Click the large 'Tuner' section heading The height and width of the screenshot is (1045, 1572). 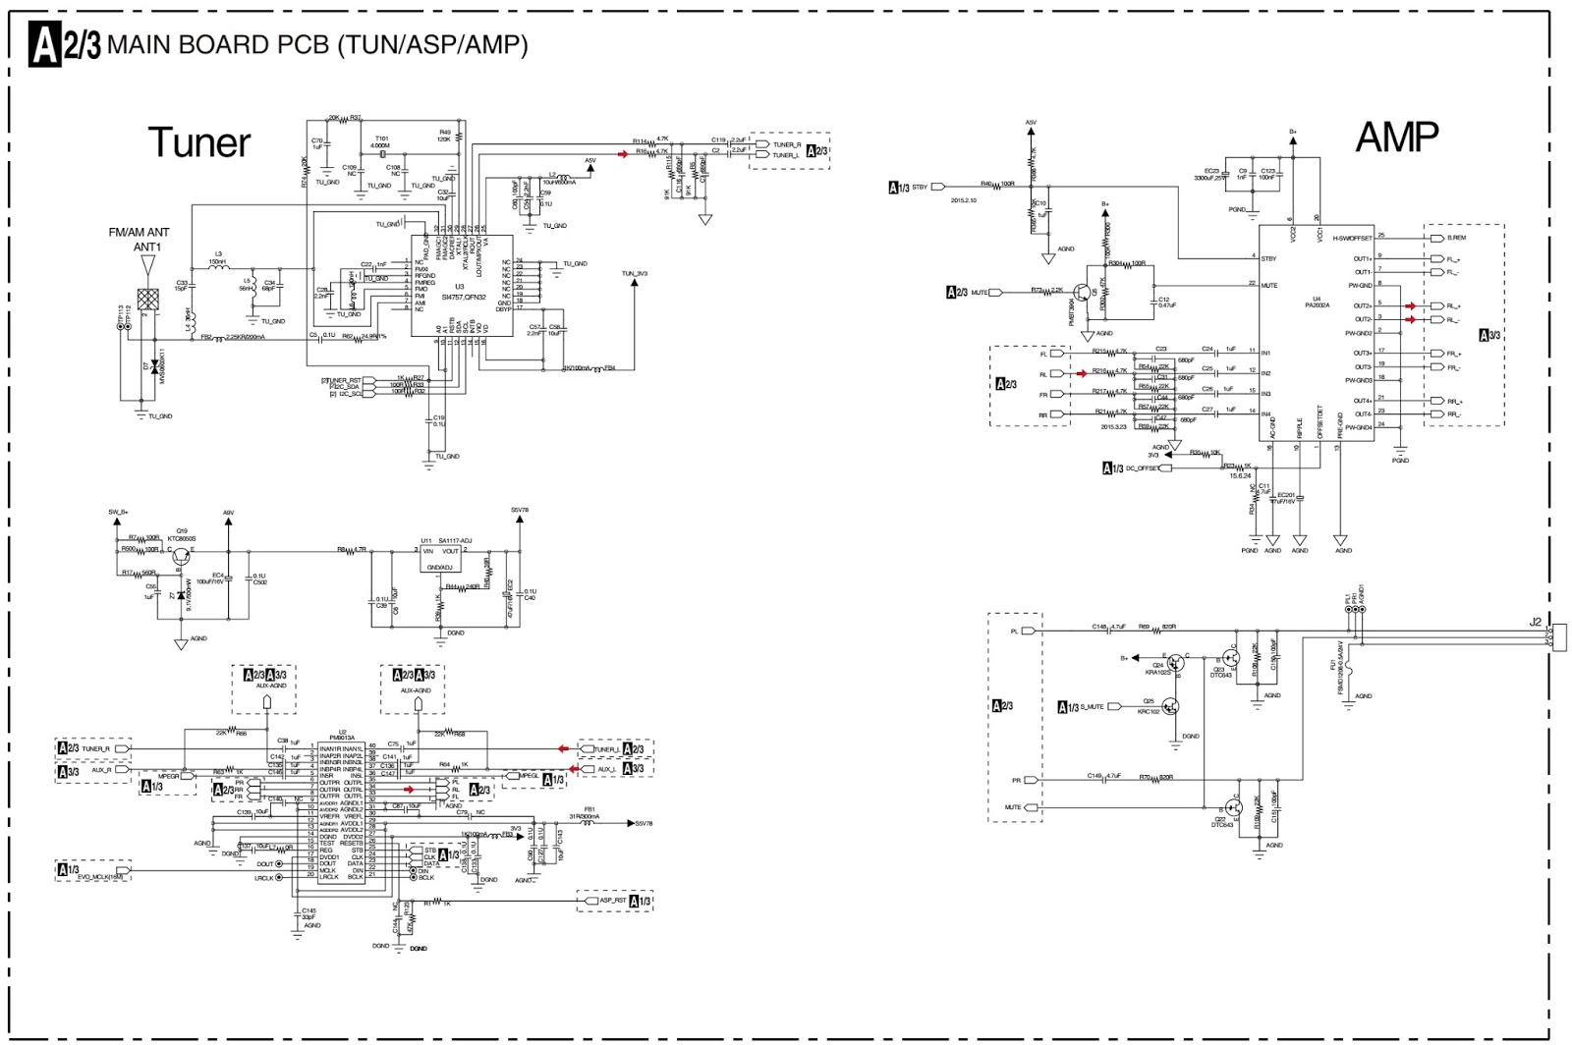pyautogui.click(x=199, y=143)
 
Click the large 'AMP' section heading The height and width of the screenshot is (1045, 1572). pyautogui.click(x=1396, y=137)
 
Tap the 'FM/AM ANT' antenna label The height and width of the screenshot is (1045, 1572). pyautogui.click(x=139, y=233)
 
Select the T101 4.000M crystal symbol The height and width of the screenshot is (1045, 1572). pyautogui.click(x=380, y=156)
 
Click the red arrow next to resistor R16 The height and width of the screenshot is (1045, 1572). pyautogui.click(x=623, y=154)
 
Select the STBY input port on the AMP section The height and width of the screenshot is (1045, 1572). pyautogui.click(x=937, y=187)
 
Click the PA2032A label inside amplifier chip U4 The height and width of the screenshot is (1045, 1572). pyautogui.click(x=1317, y=305)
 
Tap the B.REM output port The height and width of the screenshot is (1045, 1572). pyautogui.click(x=1438, y=238)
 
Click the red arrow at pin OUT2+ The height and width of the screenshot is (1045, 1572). pyautogui.click(x=1411, y=306)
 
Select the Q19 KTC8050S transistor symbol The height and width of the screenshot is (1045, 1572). pyautogui.click(x=180, y=555)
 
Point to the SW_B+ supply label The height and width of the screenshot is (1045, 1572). pyautogui.click(x=118, y=512)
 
